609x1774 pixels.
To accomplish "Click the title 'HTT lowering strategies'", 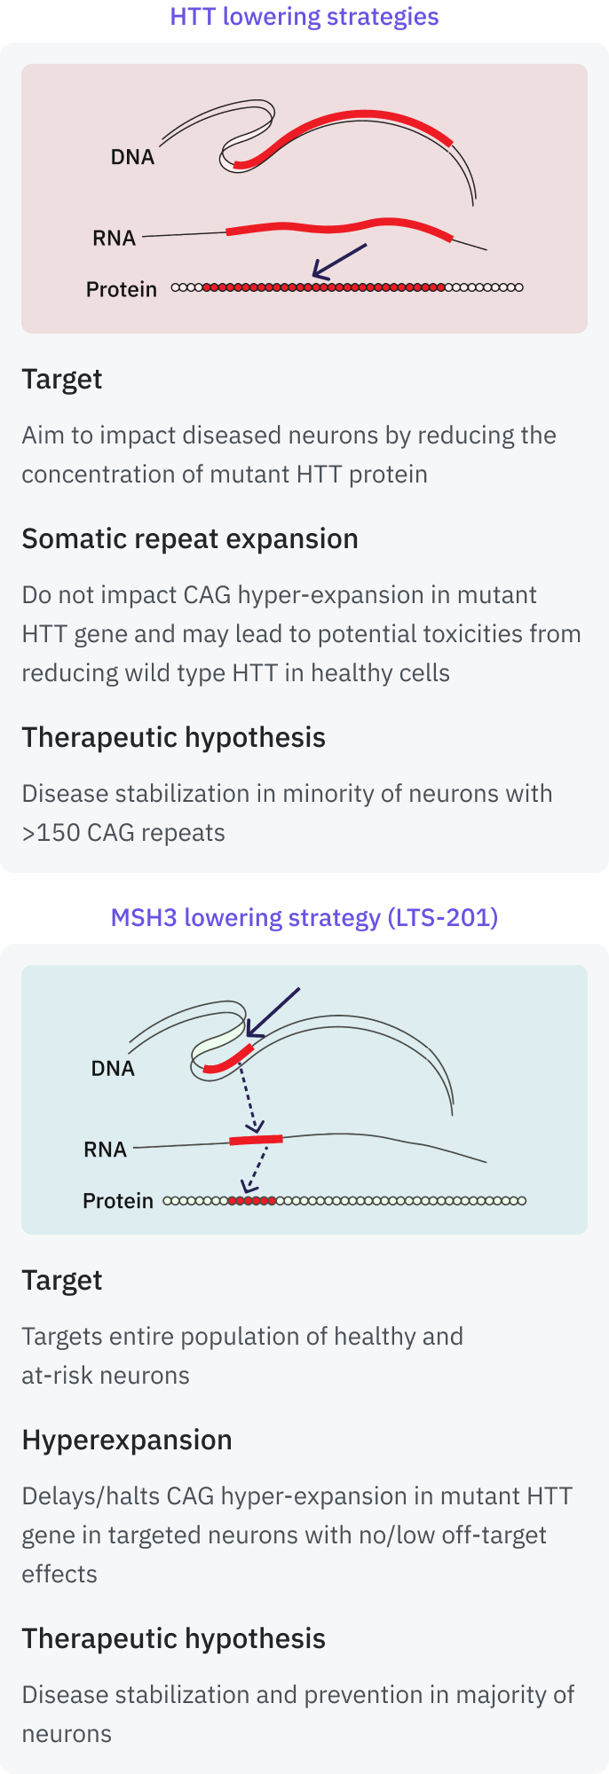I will (x=304, y=17).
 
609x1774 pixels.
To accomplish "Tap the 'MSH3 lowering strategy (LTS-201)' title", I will (x=304, y=917).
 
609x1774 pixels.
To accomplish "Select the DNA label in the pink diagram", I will (x=132, y=157).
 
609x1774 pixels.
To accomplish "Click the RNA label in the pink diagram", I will (x=114, y=238).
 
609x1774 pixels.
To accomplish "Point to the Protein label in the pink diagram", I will (x=121, y=289).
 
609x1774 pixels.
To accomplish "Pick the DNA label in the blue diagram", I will (x=113, y=1068).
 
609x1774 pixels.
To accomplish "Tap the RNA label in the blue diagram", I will (x=105, y=1150).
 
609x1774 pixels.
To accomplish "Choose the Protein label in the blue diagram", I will (x=118, y=1201).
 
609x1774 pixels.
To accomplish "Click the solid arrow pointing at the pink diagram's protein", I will (x=339, y=262).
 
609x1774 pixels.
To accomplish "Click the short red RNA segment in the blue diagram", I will (x=256, y=1140).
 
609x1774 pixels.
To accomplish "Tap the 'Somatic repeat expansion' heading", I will (x=190, y=538).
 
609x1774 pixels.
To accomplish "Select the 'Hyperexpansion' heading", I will (x=127, y=1440).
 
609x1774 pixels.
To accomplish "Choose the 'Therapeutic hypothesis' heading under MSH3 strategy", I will (x=173, y=1638).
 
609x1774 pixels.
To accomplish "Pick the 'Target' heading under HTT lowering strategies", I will (x=62, y=379).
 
